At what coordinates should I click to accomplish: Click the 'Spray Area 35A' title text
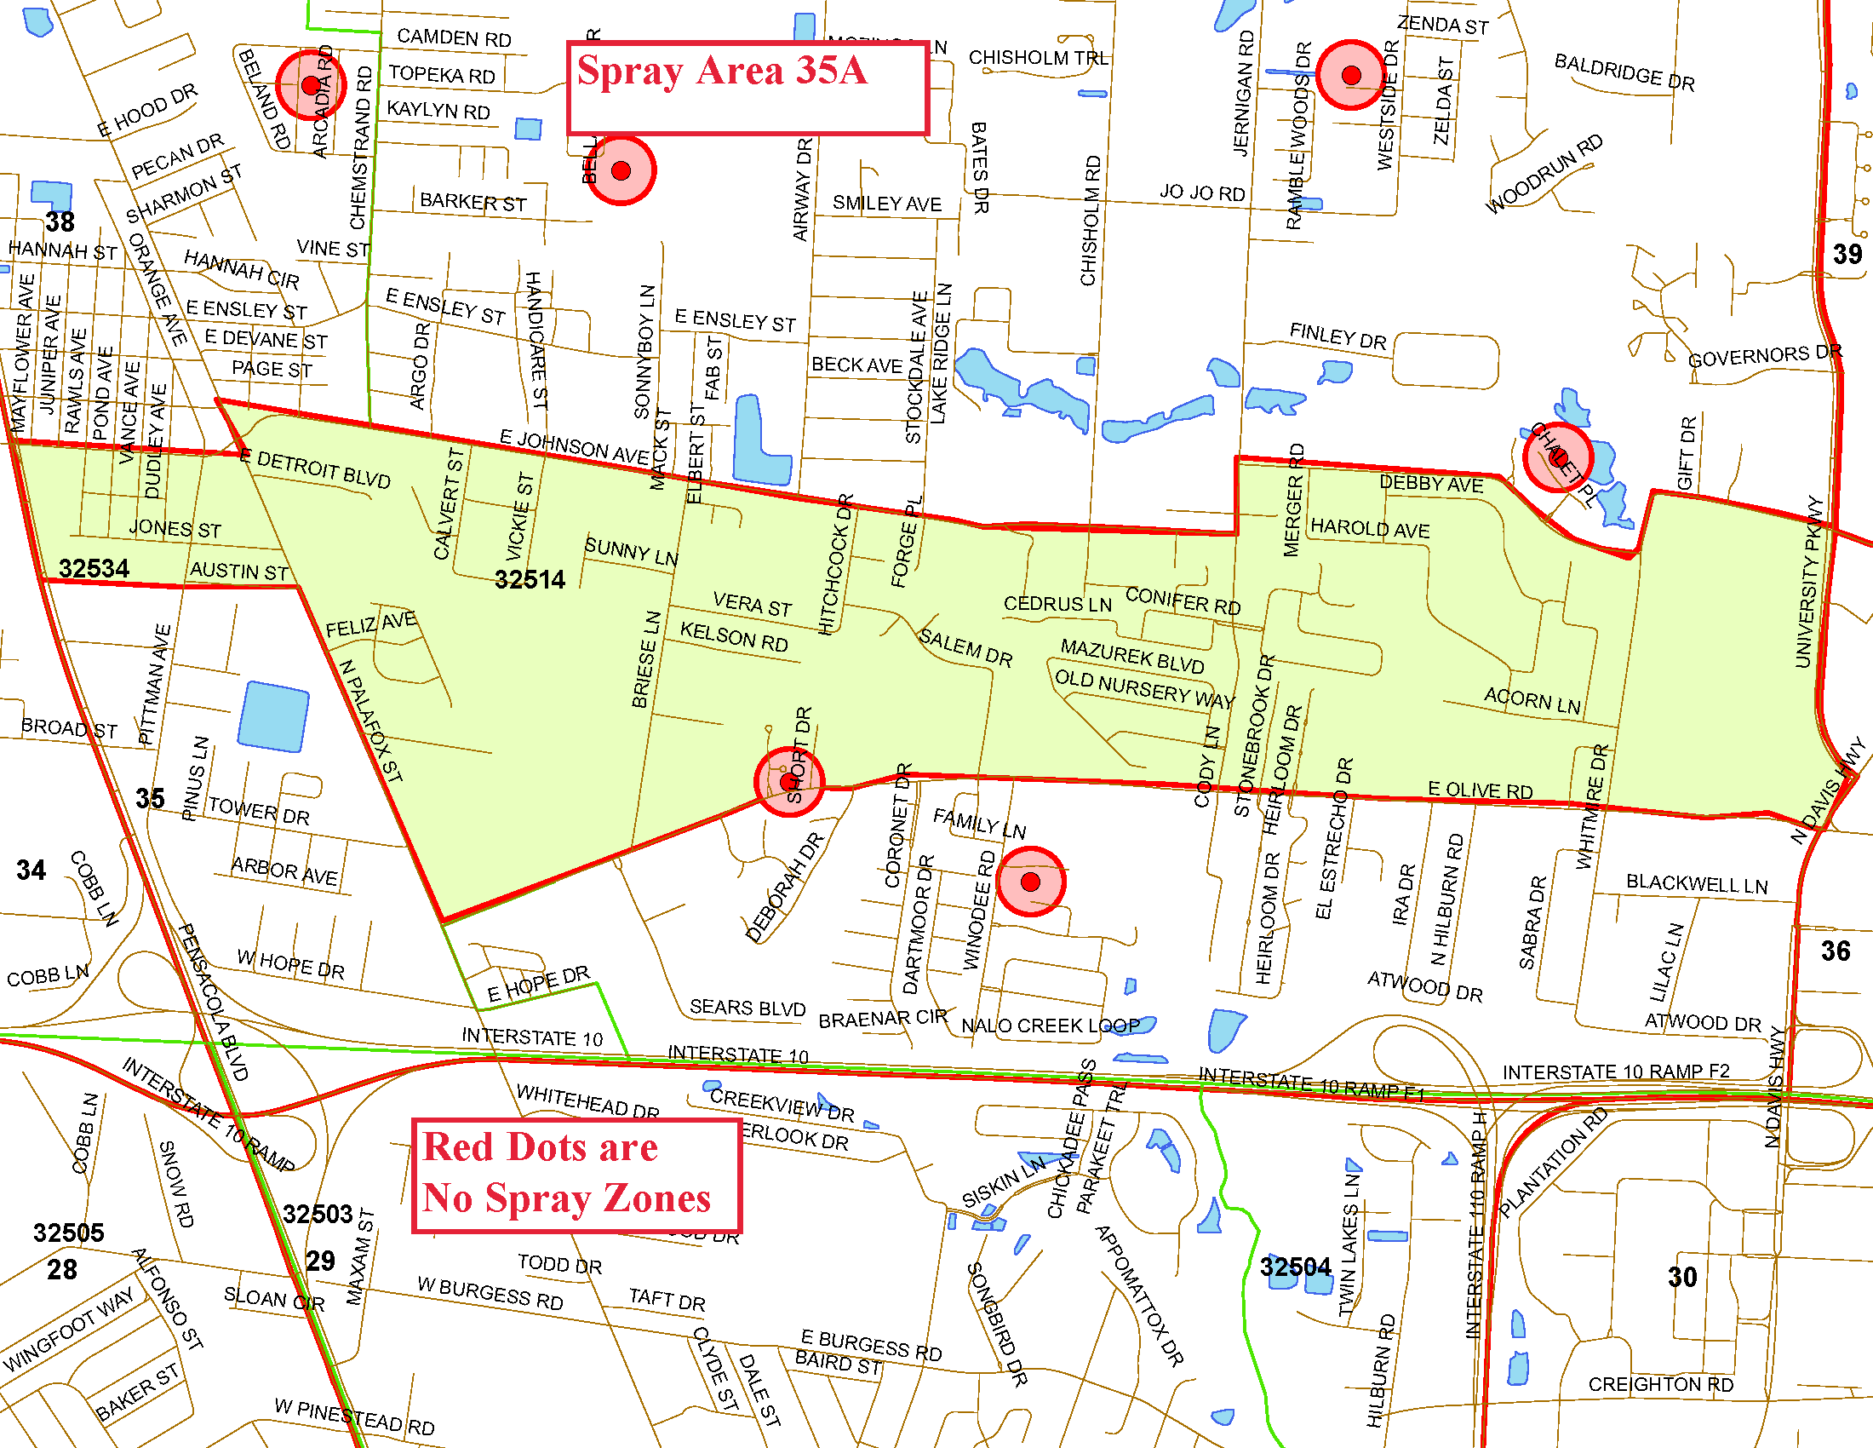point(721,71)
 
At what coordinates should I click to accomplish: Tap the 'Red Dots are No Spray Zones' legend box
point(576,1175)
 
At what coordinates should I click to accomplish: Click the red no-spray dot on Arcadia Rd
point(311,85)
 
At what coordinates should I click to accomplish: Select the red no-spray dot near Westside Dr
point(1351,76)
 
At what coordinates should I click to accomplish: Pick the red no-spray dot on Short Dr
point(788,781)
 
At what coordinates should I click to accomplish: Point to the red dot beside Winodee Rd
point(1030,881)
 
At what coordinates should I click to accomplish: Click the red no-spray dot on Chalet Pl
point(1557,457)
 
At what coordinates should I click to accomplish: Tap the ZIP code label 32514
point(530,580)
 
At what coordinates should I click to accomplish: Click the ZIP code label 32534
point(94,569)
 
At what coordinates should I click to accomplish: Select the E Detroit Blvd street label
point(315,468)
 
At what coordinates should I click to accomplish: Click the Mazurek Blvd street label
point(1132,656)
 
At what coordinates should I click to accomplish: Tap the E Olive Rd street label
point(1480,790)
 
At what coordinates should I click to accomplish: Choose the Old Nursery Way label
point(1143,689)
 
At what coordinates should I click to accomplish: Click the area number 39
point(1847,254)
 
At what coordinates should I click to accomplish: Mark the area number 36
point(1836,951)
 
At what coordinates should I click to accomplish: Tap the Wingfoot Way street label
point(69,1329)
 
